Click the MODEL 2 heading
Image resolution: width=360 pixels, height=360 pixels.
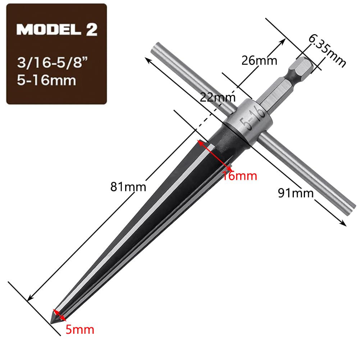pyautogui.click(x=57, y=29)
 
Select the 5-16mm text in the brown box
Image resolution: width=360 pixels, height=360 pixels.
pyautogui.click(x=46, y=80)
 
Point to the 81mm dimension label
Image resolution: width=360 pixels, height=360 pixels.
pyautogui.click(x=128, y=187)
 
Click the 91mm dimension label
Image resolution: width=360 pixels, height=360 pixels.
pyautogui.click(x=296, y=193)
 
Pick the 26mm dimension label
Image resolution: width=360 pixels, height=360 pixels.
pyautogui.click(x=259, y=61)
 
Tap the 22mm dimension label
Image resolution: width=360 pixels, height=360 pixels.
pyautogui.click(x=218, y=97)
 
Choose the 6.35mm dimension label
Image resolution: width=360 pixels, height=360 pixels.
pyautogui.click(x=327, y=50)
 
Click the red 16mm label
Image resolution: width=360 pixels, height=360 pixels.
pyautogui.click(x=240, y=176)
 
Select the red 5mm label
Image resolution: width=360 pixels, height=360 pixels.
pyautogui.click(x=80, y=330)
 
